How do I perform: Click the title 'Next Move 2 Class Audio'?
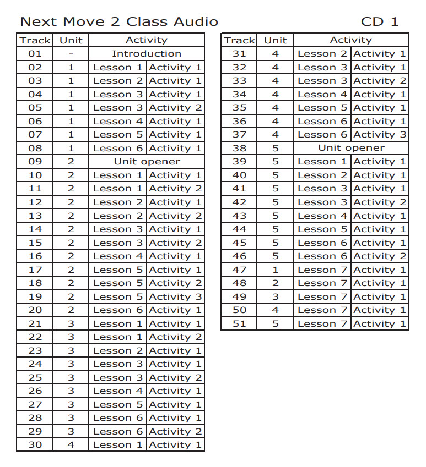(119, 22)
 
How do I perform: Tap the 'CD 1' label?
(379, 22)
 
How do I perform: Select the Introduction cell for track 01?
(146, 54)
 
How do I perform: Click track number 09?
(35, 162)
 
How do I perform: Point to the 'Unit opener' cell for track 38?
(351, 148)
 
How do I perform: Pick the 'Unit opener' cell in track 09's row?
(147, 162)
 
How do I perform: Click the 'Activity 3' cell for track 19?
(175, 297)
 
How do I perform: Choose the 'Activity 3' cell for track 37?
(380, 135)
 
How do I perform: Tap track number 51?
(239, 323)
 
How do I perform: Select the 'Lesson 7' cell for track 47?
(322, 270)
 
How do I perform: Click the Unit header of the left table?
(71, 40)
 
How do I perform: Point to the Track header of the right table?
(240, 40)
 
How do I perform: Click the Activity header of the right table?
(351, 40)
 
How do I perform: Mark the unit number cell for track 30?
(71, 445)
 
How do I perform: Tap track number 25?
(35, 378)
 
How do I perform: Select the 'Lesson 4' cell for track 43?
(322, 216)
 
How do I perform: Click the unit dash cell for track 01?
(71, 54)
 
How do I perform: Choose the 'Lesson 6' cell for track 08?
(118, 149)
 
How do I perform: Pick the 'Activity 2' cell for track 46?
(380, 256)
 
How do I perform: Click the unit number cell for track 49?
(275, 297)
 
